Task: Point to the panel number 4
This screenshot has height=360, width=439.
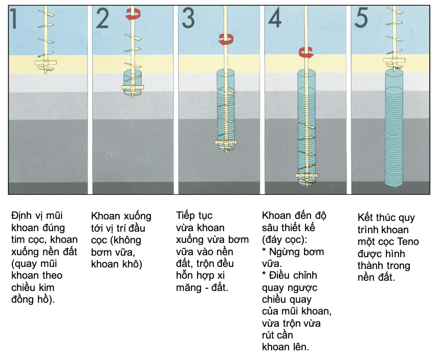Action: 274,19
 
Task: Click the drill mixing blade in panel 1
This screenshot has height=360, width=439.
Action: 47,63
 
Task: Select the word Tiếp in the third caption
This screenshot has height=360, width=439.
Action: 187,216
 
